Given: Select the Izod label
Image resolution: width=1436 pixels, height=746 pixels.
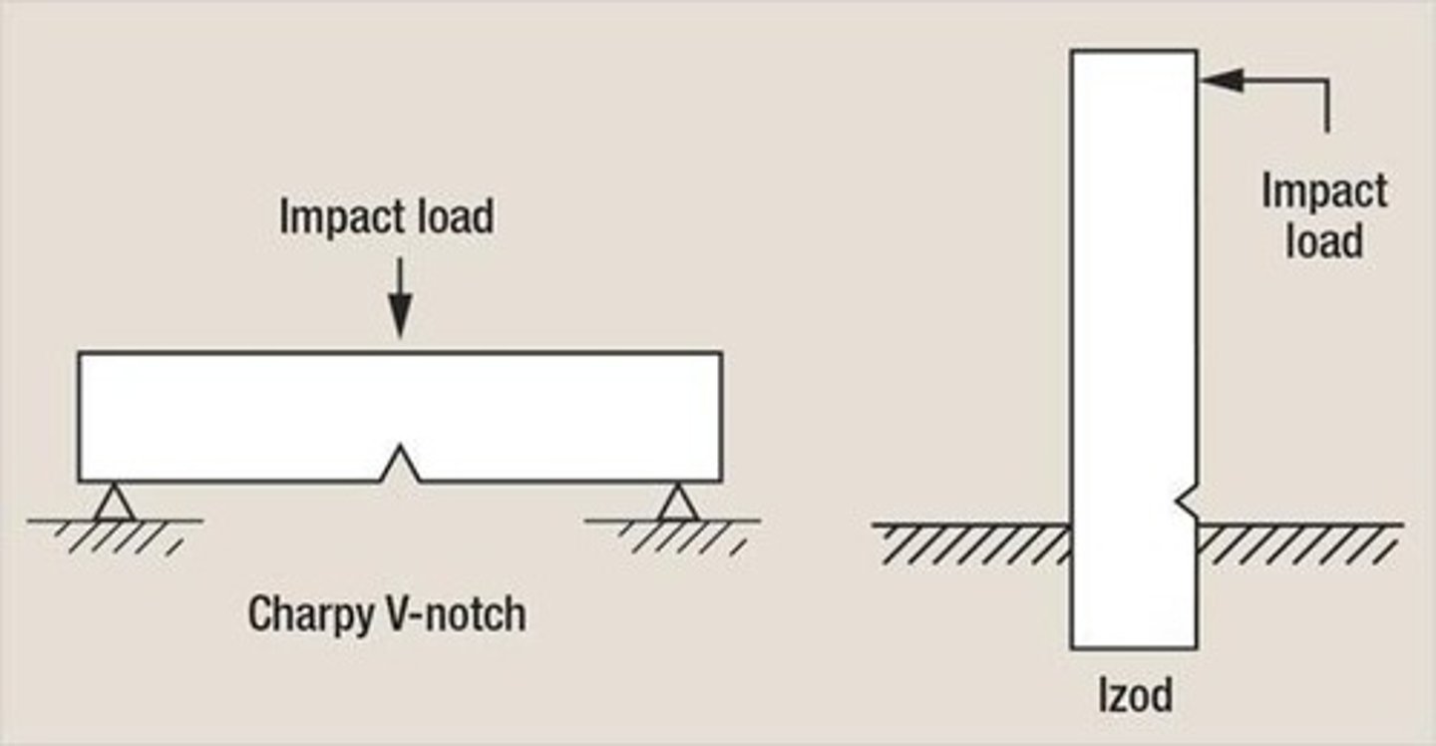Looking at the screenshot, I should (1135, 695).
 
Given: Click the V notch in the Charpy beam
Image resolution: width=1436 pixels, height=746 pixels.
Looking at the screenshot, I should (400, 465).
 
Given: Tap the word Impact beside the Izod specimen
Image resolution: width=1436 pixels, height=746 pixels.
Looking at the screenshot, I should (1323, 191).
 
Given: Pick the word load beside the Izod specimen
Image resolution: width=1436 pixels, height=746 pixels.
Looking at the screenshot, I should (1323, 242).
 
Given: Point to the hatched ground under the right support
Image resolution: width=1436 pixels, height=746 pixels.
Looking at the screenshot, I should (678, 535).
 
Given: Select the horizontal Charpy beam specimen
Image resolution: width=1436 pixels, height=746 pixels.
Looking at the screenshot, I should (249, 414).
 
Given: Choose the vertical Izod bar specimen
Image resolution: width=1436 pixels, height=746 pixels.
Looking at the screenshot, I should (1133, 299).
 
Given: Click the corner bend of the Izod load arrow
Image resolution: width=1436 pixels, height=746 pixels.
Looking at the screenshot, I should (1326, 81).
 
